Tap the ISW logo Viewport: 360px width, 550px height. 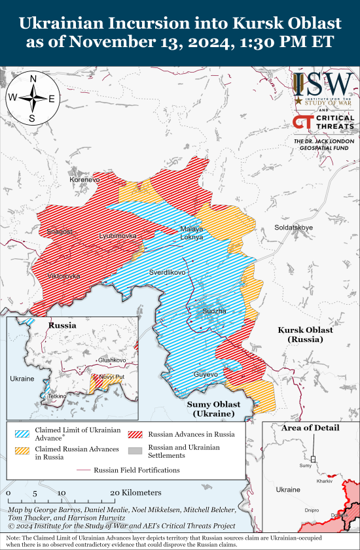[323, 88]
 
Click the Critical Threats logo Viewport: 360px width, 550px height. [323, 122]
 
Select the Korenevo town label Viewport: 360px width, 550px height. [85, 179]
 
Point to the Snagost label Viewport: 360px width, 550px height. [60, 232]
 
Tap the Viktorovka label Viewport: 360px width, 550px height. [64, 276]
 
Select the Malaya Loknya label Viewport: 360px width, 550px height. [192, 233]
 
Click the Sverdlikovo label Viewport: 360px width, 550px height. [168, 271]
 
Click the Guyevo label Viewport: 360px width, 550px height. [205, 374]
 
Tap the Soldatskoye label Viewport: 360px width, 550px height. [294, 228]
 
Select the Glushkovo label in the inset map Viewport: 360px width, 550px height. [111, 360]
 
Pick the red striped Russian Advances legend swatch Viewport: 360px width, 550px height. [135, 434]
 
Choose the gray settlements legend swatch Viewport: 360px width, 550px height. [135, 451]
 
